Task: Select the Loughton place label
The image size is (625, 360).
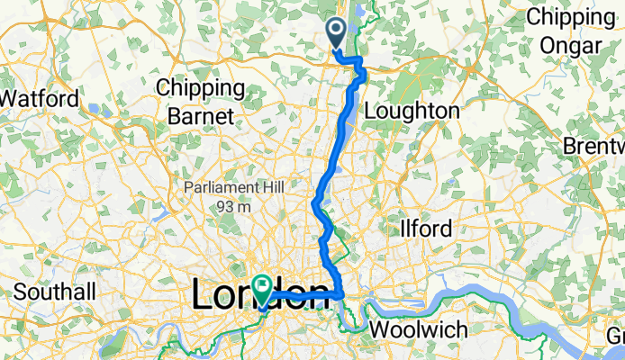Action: point(413,111)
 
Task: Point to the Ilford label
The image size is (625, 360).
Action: point(426,229)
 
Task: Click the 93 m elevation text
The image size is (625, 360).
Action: point(232,206)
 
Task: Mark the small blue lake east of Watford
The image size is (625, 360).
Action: point(93,107)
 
